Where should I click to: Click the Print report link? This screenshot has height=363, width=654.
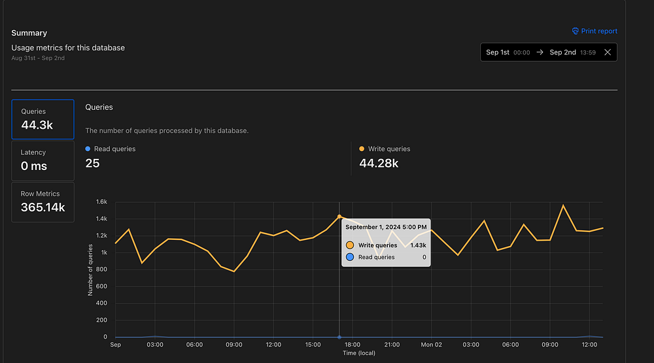coord(594,31)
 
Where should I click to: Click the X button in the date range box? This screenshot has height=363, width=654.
coord(608,52)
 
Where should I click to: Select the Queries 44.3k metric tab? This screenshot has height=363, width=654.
coord(43,119)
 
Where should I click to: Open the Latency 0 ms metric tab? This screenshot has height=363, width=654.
coord(43,160)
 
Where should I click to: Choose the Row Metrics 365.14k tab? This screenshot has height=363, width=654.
coord(43,201)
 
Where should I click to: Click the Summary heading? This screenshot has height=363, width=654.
coord(29,33)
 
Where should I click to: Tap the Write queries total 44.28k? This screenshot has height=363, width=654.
coord(379,164)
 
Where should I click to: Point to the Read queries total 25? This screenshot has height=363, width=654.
coord(92,164)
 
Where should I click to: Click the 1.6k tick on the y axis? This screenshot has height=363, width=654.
coord(100,202)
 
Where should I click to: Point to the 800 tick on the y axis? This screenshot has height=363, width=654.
coord(101,269)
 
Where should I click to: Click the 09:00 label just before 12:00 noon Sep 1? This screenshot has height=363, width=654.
coord(234,345)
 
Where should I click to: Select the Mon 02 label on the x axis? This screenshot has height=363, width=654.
coord(431,345)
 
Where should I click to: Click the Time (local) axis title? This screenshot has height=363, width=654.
coord(359,353)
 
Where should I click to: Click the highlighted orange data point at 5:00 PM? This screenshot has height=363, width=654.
coord(339,216)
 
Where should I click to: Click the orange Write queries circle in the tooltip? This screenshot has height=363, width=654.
coord(350,245)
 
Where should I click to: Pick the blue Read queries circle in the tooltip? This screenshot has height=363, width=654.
coord(350,257)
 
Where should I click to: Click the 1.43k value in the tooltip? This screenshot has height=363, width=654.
coord(418,245)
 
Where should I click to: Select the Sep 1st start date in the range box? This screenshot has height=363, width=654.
coord(498,52)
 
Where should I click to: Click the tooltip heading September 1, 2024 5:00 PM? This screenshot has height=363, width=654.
coord(386,227)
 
